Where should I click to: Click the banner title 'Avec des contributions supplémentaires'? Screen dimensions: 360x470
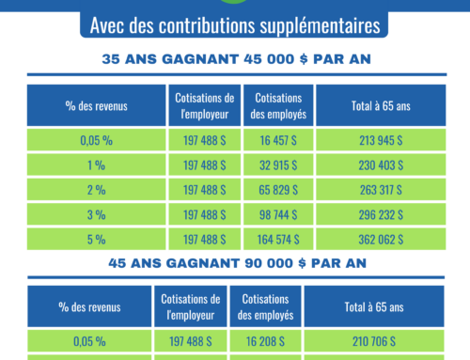coord(235,23)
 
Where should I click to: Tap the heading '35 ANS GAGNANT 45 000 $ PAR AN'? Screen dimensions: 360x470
coord(235,59)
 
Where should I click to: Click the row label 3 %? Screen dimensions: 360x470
coord(96,213)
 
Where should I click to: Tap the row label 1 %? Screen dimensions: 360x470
coord(96,164)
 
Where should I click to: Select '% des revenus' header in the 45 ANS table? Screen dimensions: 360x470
coord(96,306)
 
